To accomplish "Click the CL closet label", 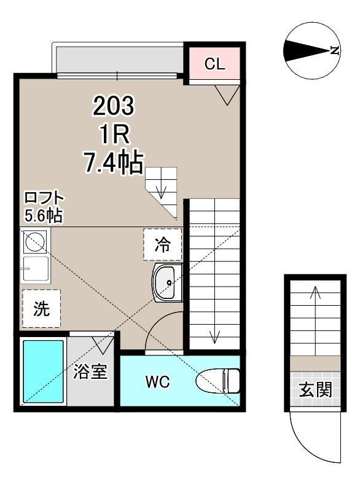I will click(x=214, y=63).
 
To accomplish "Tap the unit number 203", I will click(x=113, y=107).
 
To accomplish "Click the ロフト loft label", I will click(x=43, y=199).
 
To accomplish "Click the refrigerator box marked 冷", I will click(x=163, y=245).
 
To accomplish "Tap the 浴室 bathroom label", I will click(x=90, y=372).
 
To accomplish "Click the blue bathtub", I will click(x=43, y=372).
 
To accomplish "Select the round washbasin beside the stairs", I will click(x=166, y=284).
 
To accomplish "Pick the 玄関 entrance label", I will click(x=316, y=390).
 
